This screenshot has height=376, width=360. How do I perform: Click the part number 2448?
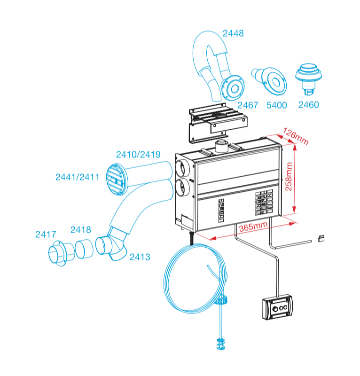[x=233, y=33]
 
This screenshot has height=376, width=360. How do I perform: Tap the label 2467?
[x=248, y=105]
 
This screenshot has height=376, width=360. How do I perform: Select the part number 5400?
[x=276, y=105]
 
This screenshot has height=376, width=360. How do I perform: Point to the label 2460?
[x=308, y=105]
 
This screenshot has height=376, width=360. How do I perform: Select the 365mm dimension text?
[x=254, y=226]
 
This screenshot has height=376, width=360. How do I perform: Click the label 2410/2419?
[x=138, y=154]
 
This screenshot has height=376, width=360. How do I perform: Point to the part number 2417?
[x=46, y=234]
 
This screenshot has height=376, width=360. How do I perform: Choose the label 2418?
[x=81, y=229]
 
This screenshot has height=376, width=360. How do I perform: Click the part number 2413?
[x=140, y=257]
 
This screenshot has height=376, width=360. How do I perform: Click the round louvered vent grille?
[x=115, y=179]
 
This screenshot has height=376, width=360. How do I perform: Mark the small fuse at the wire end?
[x=323, y=238]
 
